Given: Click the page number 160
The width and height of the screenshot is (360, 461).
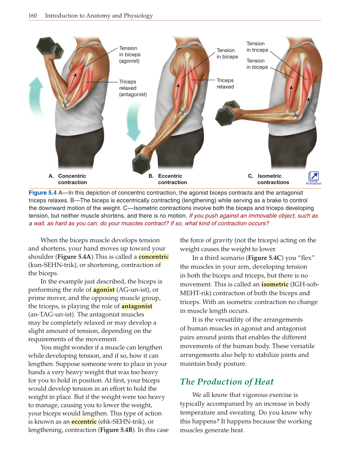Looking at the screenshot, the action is pos(33,16).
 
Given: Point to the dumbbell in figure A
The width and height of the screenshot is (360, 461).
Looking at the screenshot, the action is pos(50,48).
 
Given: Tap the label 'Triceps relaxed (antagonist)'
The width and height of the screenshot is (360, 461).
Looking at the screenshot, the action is pos(133,88).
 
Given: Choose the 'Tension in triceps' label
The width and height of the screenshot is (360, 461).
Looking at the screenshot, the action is pos(257,47).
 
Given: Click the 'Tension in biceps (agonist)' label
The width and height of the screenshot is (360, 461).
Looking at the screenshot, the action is pos(130,55).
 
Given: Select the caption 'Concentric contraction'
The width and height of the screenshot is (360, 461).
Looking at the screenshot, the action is pos(72,179).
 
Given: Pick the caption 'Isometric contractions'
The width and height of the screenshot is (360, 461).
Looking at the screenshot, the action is pos(273,179).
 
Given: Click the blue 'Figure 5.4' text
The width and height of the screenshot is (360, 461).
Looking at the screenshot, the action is pos(43,193).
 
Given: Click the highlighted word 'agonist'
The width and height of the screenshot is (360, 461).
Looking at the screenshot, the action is pos(104,290).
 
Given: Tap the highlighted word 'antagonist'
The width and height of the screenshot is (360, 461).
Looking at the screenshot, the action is pos(137,306).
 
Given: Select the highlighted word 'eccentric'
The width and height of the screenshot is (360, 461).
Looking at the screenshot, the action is pos(84,421).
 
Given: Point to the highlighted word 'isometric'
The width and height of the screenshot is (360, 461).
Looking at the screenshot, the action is pos(275,284).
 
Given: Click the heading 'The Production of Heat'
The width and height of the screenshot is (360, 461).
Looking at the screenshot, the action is pos(227,382).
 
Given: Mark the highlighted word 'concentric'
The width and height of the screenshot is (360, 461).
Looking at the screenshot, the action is pos(154,257).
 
